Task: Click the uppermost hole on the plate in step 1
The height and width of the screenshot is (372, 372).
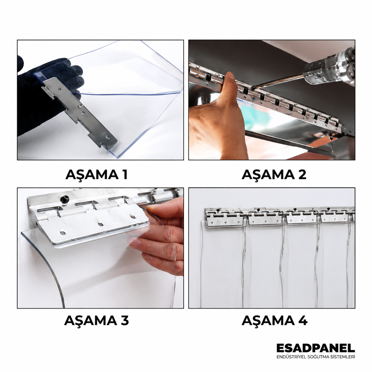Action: click(60, 89)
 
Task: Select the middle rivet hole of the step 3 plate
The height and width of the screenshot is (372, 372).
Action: click(100, 224)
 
